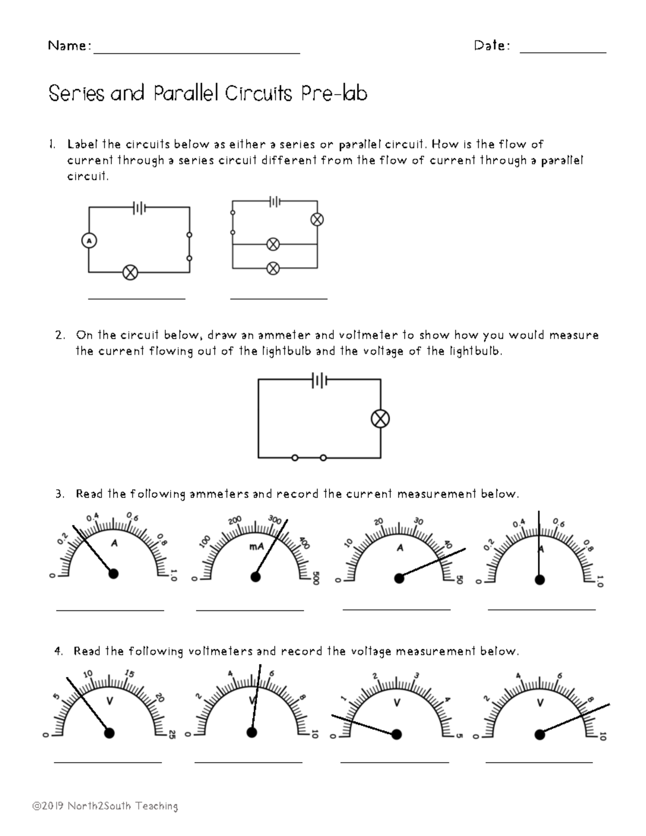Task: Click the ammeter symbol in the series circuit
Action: click(89, 241)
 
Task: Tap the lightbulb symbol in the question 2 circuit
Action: click(381, 419)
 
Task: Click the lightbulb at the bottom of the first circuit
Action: click(130, 272)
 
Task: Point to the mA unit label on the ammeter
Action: click(256, 547)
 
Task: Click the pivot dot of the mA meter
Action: click(256, 577)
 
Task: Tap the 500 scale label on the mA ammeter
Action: click(316, 578)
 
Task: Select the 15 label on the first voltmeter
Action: click(129, 673)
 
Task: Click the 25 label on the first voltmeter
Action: click(172, 734)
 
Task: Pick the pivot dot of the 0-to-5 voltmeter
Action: click(397, 734)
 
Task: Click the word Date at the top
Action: click(491, 46)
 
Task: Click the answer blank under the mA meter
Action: click(250, 610)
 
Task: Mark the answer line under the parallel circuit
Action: click(278, 298)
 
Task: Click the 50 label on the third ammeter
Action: click(459, 580)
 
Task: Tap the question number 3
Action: click(59, 494)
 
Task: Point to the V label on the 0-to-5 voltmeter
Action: click(397, 702)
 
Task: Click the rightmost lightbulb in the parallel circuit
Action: click(317, 219)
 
